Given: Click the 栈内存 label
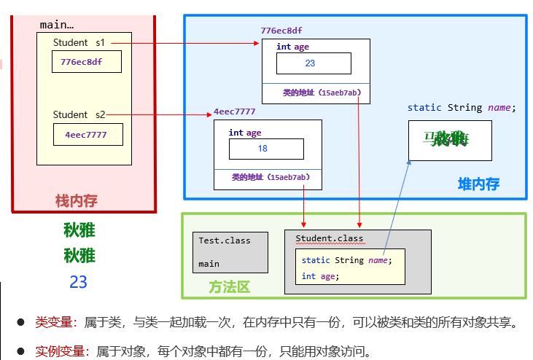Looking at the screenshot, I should (x=77, y=200).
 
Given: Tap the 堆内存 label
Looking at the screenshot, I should (x=478, y=184).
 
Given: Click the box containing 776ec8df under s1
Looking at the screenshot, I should (x=86, y=62).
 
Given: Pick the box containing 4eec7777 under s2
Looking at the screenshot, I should (x=88, y=135).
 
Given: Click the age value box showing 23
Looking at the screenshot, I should (x=310, y=63).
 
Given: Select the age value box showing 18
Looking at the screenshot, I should (x=266, y=149).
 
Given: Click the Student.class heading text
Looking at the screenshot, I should (x=329, y=239).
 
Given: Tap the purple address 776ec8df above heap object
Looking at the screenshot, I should (x=281, y=31).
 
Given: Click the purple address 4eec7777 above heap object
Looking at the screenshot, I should (x=235, y=111).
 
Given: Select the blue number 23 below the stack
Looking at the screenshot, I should (x=79, y=282).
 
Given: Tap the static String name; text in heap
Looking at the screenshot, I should (x=461, y=108).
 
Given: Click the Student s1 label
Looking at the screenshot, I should (x=79, y=43).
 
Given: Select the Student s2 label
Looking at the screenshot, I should (x=79, y=114).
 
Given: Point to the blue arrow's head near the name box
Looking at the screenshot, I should (x=409, y=162).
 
